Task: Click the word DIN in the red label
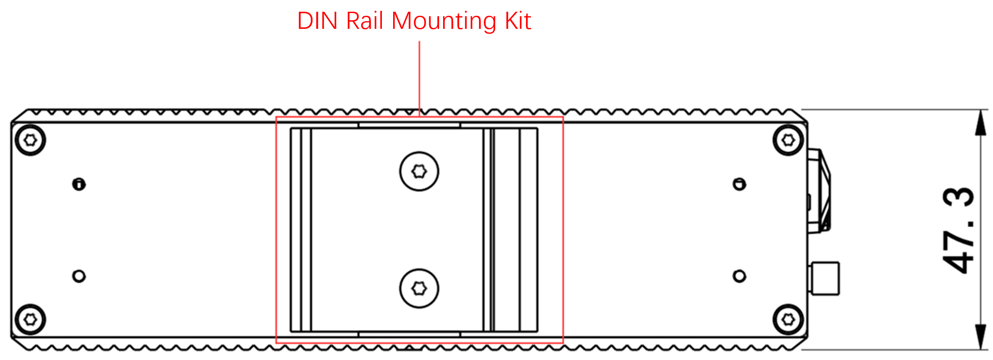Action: (x=317, y=21)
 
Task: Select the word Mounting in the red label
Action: (x=444, y=22)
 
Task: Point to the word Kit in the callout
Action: (x=518, y=21)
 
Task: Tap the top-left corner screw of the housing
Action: (x=30, y=140)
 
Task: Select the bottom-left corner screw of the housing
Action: (x=30, y=319)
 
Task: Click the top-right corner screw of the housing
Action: (x=788, y=140)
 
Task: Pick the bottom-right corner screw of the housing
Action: (x=788, y=319)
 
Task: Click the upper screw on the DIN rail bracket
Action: (x=419, y=171)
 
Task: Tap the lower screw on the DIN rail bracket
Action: (x=419, y=288)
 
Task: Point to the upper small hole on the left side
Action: (x=79, y=184)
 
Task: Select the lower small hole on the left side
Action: (x=79, y=276)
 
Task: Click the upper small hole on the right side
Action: (x=739, y=184)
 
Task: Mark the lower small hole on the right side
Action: (x=739, y=276)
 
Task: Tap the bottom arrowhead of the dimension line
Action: (x=980, y=337)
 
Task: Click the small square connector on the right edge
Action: (x=825, y=278)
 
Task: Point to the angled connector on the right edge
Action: (x=819, y=191)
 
